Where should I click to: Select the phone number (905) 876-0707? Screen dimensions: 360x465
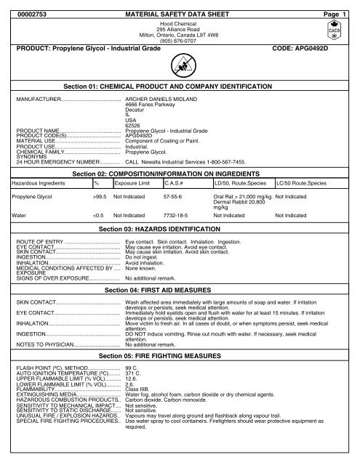tap(179, 41)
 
